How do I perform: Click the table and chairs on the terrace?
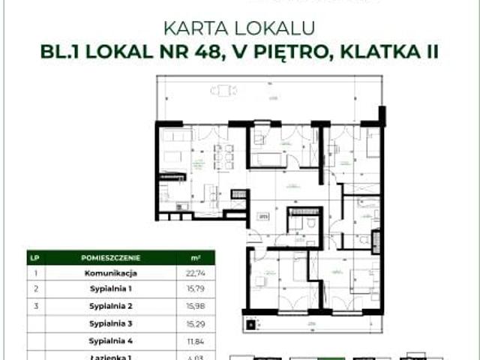(x=223, y=91)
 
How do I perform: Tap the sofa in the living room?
(x=178, y=136)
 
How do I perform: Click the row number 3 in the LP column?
(x=34, y=307)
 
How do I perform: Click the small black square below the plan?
(x=250, y=325)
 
